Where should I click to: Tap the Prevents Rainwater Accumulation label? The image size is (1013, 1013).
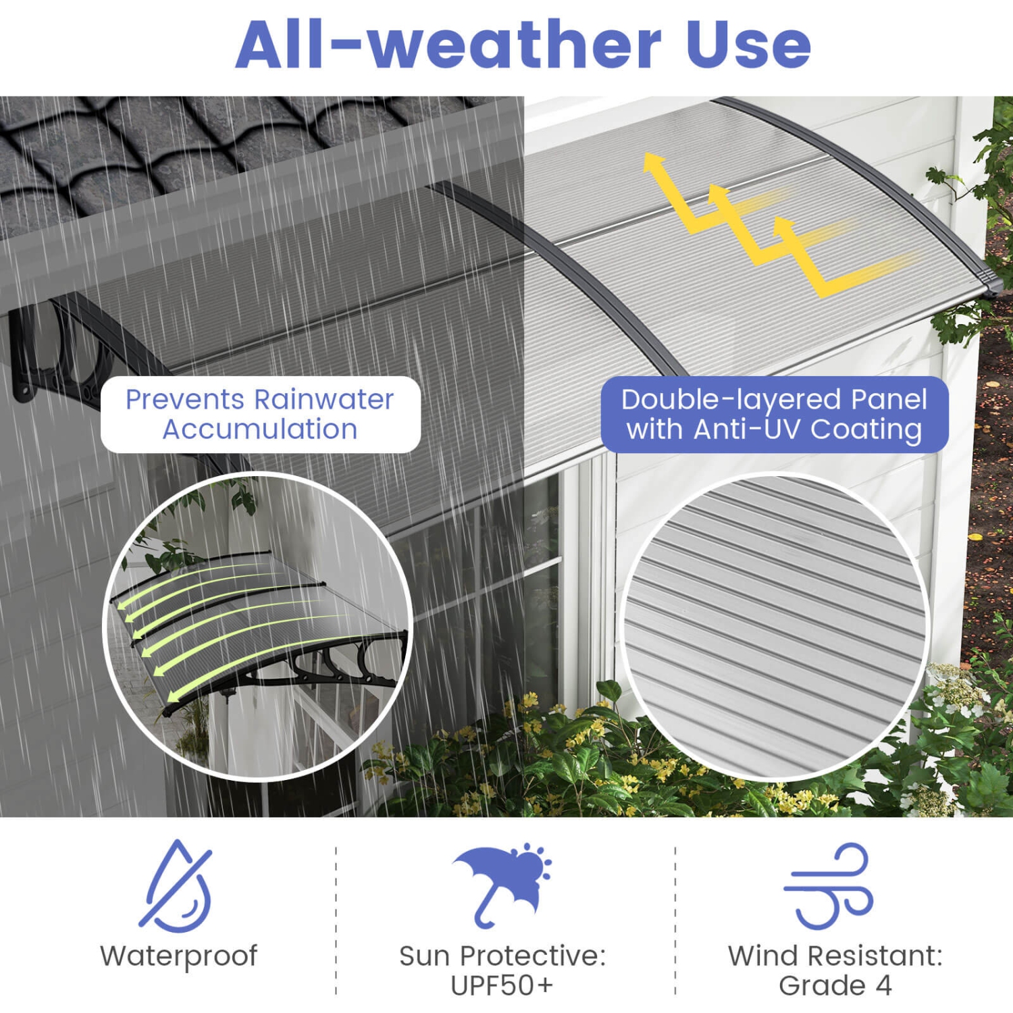click(x=260, y=414)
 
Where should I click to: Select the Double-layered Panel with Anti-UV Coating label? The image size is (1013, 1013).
click(x=774, y=414)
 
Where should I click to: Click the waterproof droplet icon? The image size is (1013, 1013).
click(x=178, y=885)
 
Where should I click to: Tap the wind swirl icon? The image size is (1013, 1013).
click(x=829, y=885)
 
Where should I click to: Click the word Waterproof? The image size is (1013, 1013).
click(x=178, y=956)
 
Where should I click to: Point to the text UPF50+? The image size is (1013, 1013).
click(x=502, y=985)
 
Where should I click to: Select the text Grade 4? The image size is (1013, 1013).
click(x=835, y=985)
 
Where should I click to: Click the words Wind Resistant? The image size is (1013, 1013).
click(x=835, y=956)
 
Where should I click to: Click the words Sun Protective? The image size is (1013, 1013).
click(x=502, y=956)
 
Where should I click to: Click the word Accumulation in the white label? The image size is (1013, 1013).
click(x=260, y=430)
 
